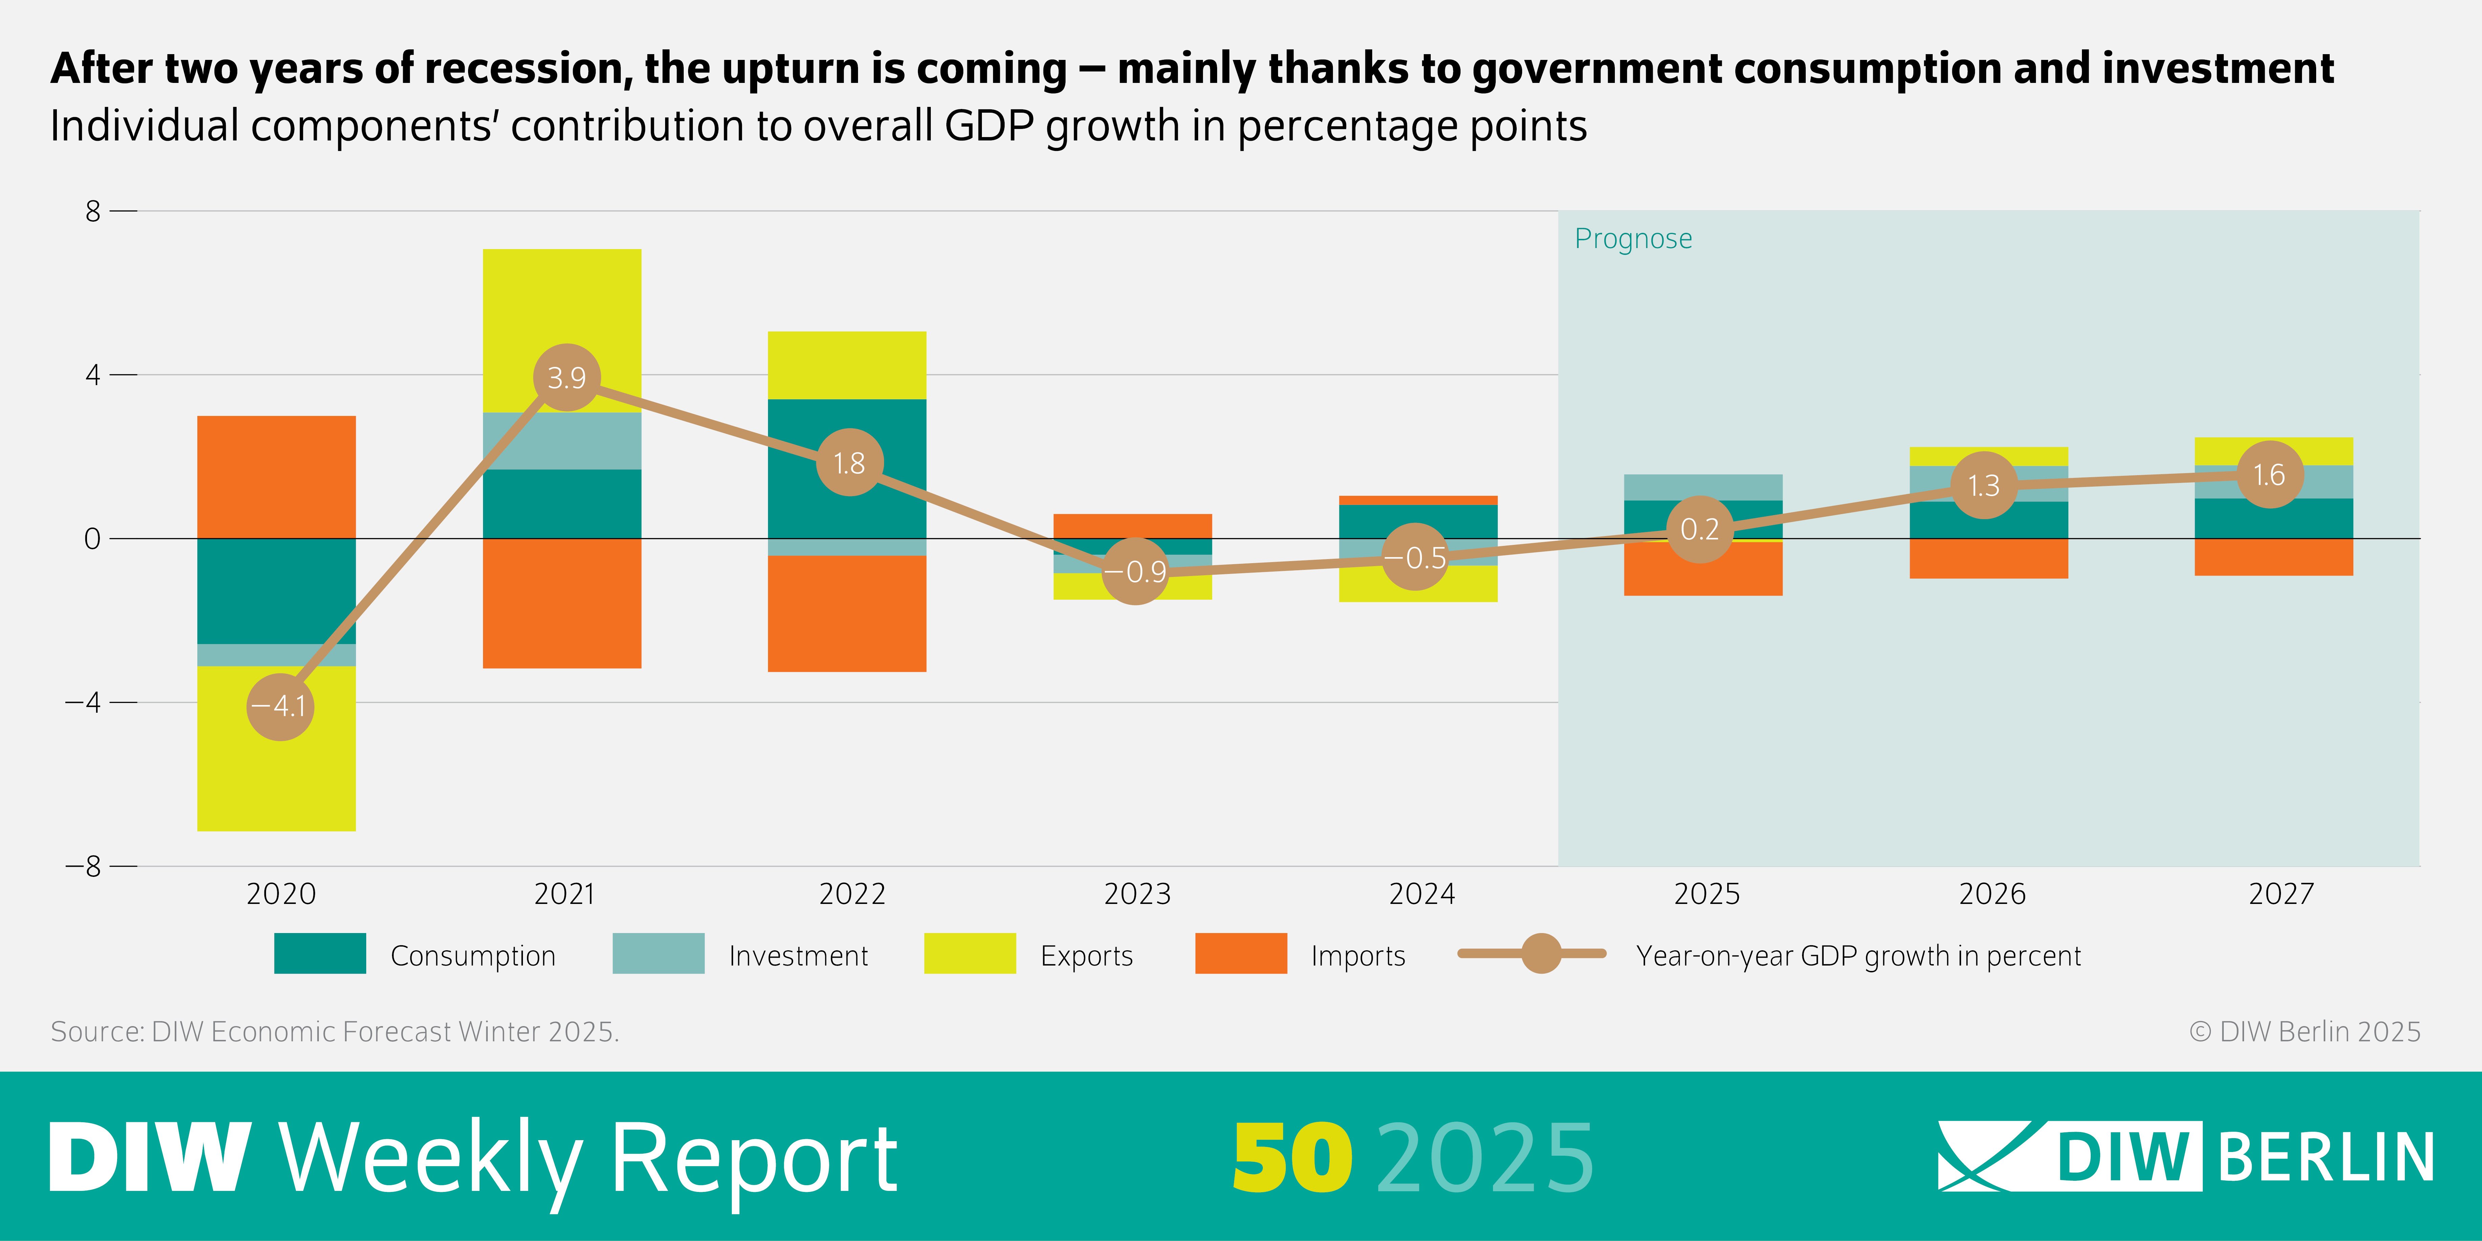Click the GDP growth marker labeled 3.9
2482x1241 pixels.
coord(567,378)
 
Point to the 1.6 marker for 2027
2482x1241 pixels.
coord(2269,475)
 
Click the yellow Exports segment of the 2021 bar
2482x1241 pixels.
coord(562,318)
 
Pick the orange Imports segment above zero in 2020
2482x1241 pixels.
coord(277,477)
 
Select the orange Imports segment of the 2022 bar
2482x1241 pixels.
coord(847,614)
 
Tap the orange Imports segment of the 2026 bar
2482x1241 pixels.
coord(1989,559)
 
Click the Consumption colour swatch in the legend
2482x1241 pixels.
coord(320,954)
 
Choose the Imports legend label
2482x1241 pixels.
coord(1358,956)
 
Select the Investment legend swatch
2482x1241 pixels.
coord(658,954)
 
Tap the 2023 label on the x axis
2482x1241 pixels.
coord(1137,894)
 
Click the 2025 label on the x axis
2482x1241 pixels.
coord(1706,894)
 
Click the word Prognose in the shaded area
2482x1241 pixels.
coord(1633,239)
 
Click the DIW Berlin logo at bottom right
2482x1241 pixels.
coord(2185,1156)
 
